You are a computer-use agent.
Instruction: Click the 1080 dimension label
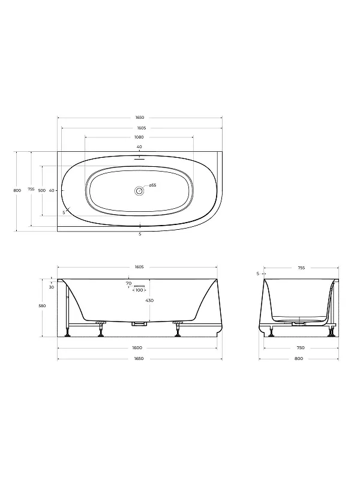139,137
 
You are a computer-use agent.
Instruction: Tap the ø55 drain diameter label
153,185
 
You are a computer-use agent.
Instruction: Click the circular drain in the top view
139,191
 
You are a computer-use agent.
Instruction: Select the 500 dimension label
41,190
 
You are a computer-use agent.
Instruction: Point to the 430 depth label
149,301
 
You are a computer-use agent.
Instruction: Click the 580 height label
42,305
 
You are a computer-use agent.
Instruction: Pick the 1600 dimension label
138,348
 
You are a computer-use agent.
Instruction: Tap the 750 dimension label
301,348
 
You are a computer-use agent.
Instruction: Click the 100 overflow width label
139,290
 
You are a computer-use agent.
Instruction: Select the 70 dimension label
128,283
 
